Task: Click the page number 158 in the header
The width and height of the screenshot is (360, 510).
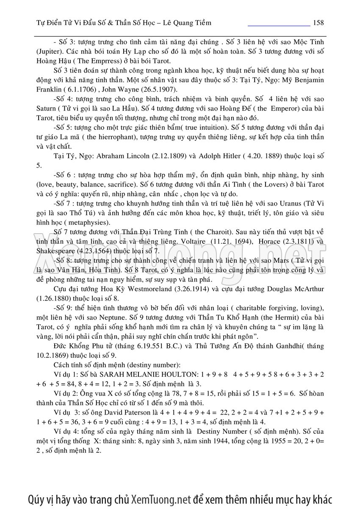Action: coord(318,22)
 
